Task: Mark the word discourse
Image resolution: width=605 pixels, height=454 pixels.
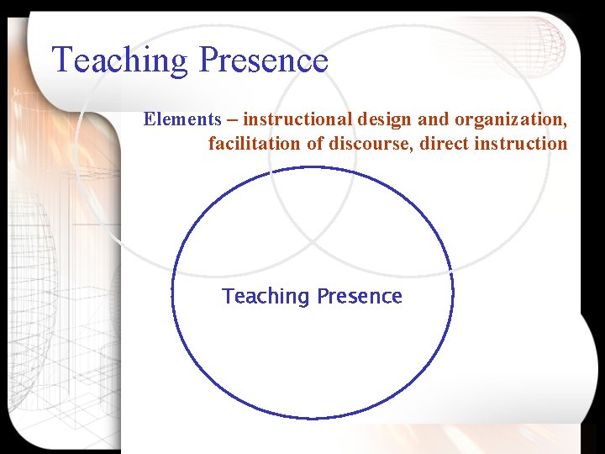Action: [x=369, y=144]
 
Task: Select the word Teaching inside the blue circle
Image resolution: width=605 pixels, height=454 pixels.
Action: [x=266, y=297]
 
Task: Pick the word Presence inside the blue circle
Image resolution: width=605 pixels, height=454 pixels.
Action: [x=360, y=296]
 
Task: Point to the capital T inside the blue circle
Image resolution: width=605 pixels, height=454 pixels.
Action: [x=228, y=296]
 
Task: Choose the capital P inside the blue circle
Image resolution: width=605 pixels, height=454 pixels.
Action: [x=323, y=296]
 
